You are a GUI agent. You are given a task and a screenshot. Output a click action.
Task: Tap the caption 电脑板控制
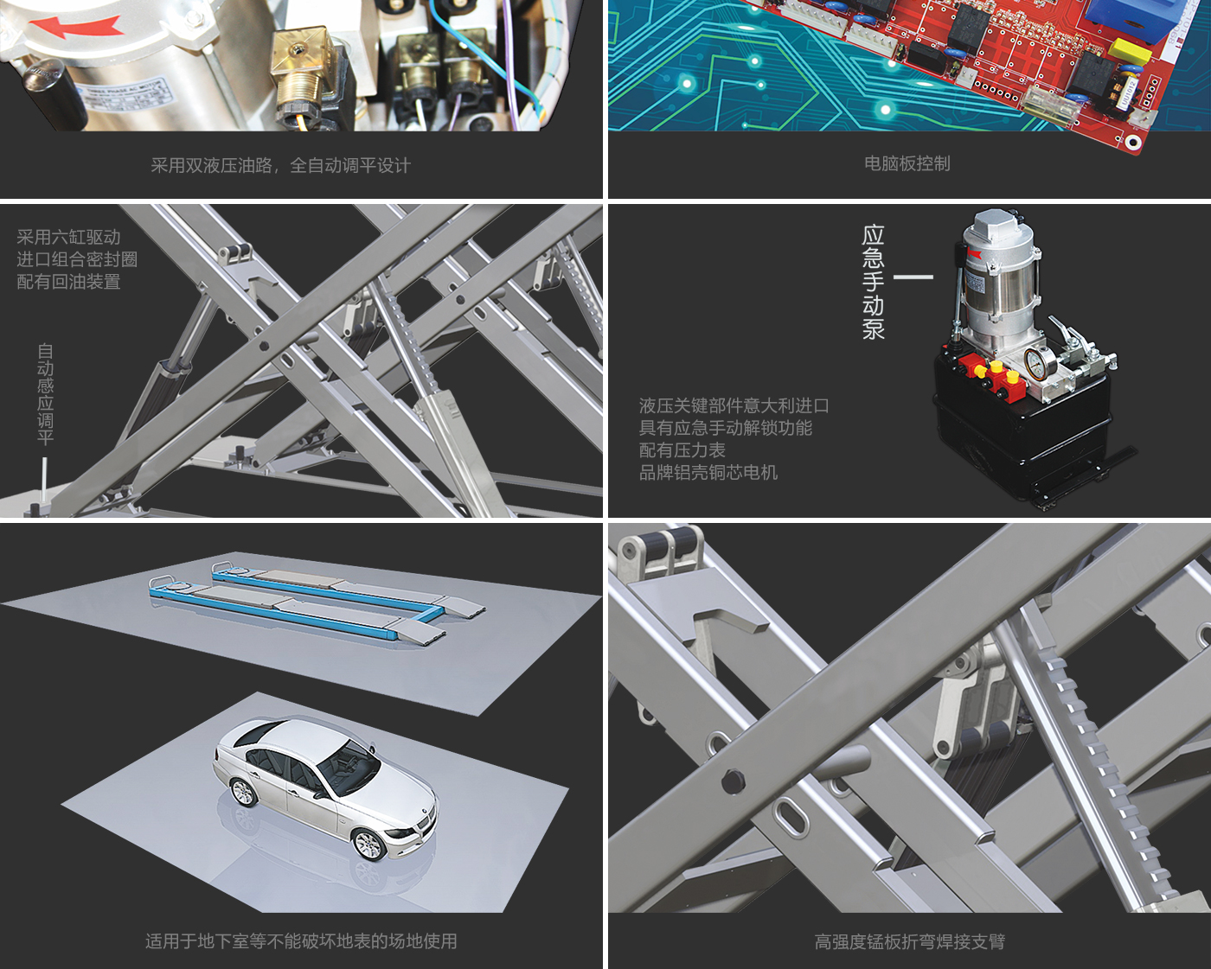tap(907, 163)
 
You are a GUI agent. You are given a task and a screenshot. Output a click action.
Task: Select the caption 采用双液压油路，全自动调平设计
tap(280, 165)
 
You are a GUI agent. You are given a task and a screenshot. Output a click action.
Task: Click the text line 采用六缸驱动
tap(68, 237)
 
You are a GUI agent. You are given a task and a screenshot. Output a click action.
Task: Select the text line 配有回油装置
tap(68, 281)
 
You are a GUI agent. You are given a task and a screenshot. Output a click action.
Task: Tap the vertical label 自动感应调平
tap(45, 394)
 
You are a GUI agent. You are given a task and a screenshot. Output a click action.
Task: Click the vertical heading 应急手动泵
tap(873, 283)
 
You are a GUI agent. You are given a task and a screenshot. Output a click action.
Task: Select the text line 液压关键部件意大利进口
tap(734, 405)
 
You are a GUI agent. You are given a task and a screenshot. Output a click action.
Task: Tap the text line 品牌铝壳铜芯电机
tap(708, 473)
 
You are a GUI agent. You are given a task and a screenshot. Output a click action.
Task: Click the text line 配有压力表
tap(682, 449)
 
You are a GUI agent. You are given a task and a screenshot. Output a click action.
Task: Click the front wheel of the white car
tap(369, 844)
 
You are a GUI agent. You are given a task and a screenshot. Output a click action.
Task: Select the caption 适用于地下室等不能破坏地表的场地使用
tap(301, 940)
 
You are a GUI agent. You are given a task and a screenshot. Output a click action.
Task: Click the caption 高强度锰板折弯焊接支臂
tap(909, 941)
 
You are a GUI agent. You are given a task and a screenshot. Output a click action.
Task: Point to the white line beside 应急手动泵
tap(913, 277)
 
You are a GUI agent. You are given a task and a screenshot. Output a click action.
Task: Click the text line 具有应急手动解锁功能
tap(726, 428)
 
